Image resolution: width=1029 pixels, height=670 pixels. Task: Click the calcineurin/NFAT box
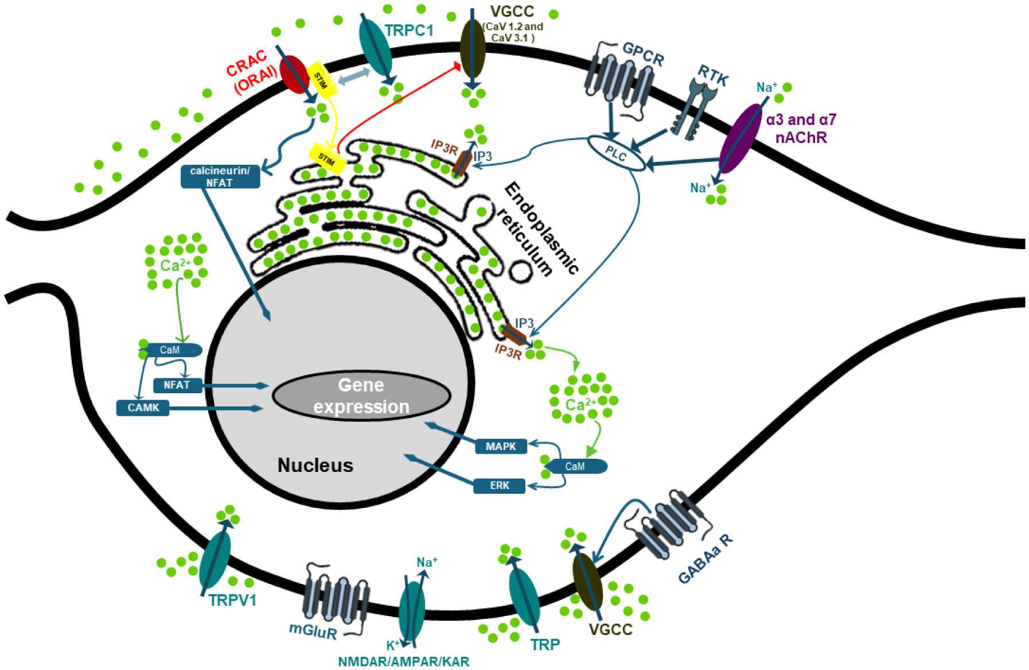(220, 176)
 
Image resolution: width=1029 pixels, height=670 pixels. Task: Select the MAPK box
(501, 446)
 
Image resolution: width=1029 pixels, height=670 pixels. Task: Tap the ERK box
(499, 486)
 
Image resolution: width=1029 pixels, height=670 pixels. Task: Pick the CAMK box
(143, 408)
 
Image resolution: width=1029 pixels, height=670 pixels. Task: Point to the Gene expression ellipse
(361, 396)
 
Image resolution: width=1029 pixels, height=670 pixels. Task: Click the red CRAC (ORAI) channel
(294, 74)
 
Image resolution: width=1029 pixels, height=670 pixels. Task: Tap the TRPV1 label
(232, 601)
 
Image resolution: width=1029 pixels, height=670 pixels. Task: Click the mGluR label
(313, 631)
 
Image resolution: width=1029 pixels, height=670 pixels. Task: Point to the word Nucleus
(315, 465)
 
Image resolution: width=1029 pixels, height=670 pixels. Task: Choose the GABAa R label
(705, 559)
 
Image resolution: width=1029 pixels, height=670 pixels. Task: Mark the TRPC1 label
(408, 30)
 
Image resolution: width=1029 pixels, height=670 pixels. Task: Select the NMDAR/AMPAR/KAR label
(403, 661)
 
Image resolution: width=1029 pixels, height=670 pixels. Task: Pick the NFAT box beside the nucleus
(177, 385)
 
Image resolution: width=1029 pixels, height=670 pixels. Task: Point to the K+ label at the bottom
(392, 645)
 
